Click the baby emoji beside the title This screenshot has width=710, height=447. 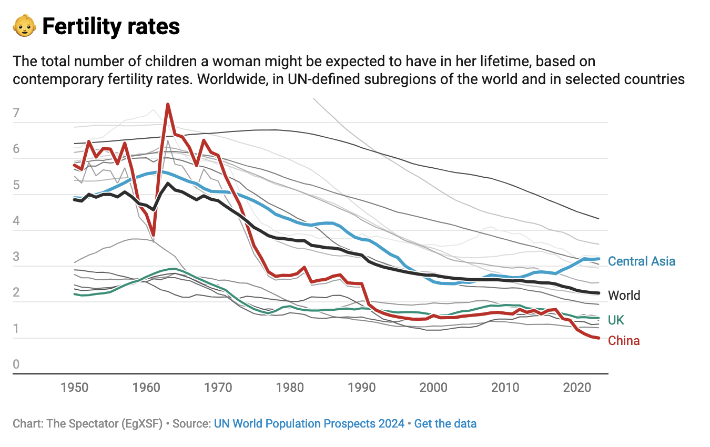pos(24,26)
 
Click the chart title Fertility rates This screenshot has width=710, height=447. pos(111,26)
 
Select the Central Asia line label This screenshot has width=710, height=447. pos(641,261)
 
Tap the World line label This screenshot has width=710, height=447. pos(624,296)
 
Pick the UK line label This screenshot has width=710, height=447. pos(616,320)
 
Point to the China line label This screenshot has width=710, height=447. pos(624,341)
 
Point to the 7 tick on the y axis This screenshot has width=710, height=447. pos(16,113)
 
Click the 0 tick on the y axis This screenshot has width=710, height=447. pos(16,364)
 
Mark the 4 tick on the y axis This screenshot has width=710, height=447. pos(16,221)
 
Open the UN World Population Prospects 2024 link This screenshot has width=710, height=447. pos(309,423)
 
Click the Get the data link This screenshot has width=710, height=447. pos(445,423)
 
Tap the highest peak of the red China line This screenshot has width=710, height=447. pos(167,104)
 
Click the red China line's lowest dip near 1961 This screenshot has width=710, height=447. pos(153,235)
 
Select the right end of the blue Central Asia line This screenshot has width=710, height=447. pos(599,259)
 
